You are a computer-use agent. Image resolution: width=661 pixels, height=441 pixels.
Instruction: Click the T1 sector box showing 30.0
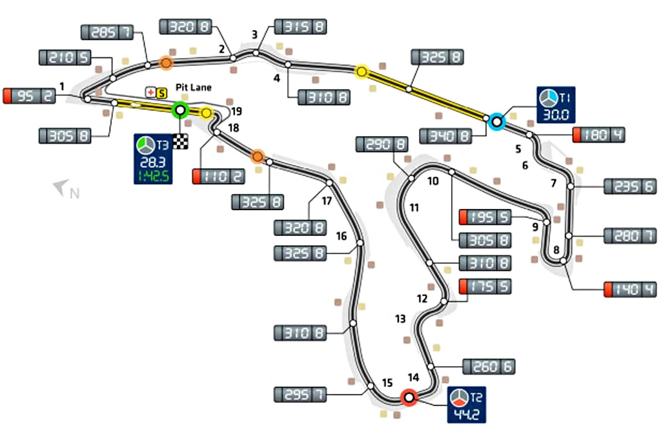(x=553, y=105)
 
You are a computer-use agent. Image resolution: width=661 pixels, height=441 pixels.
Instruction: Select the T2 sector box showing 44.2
(x=466, y=405)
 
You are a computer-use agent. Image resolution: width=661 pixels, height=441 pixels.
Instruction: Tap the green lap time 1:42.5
(x=152, y=175)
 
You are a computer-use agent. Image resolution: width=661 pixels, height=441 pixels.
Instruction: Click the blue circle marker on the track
(x=496, y=121)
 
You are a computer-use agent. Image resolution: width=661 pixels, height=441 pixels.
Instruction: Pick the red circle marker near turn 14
(x=408, y=398)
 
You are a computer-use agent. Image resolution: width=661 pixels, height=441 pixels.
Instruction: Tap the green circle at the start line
(x=180, y=110)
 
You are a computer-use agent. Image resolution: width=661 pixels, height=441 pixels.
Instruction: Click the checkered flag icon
(x=180, y=142)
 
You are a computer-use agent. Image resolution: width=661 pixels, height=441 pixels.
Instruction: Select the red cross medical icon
(x=151, y=92)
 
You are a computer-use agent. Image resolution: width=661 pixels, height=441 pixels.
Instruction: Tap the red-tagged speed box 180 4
(x=598, y=135)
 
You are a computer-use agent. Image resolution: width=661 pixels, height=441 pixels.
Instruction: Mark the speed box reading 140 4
(x=630, y=289)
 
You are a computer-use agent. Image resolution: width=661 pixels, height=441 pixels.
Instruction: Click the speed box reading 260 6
(x=489, y=366)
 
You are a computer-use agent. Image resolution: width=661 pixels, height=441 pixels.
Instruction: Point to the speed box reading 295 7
(x=300, y=393)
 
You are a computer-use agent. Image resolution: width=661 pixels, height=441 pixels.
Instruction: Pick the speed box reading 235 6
(x=629, y=186)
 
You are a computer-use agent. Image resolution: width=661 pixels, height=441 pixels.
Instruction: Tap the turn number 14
(x=414, y=377)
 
